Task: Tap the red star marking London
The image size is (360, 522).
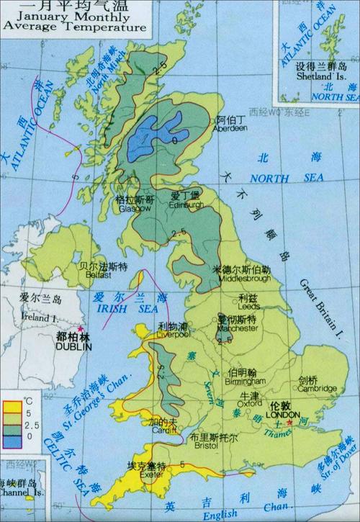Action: point(288,423)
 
